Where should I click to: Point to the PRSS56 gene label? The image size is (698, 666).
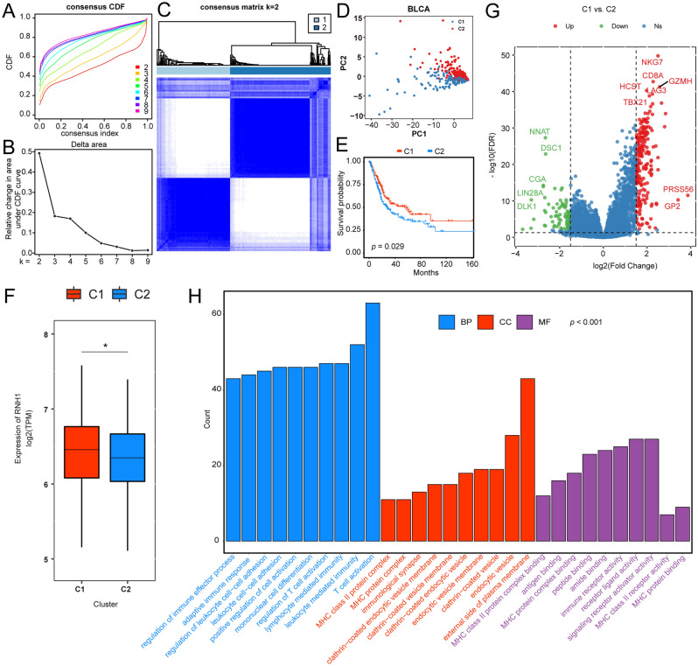pos(678,189)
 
